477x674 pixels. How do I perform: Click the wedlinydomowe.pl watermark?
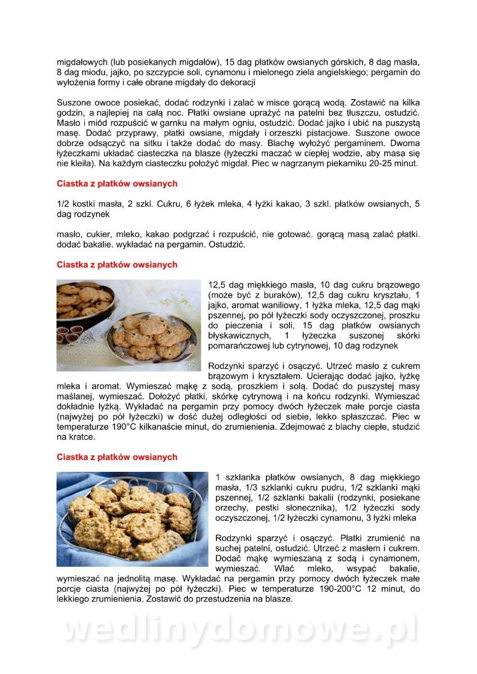click(238, 630)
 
